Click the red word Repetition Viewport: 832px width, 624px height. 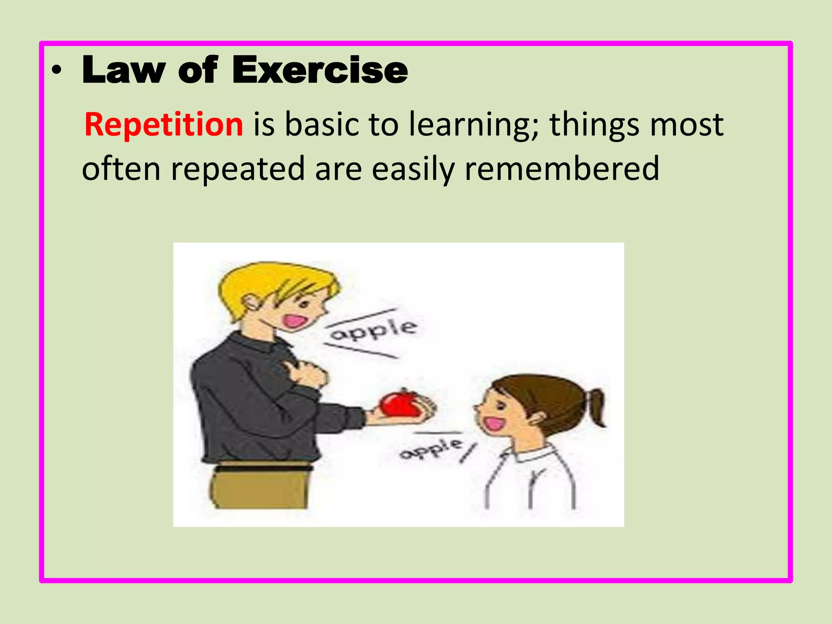164,124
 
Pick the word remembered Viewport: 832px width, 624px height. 561,169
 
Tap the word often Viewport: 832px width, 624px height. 121,169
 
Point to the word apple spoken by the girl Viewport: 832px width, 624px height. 431,448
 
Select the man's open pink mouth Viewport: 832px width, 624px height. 295,322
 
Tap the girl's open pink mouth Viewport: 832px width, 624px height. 494,424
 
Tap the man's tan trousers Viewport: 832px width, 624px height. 260,490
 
